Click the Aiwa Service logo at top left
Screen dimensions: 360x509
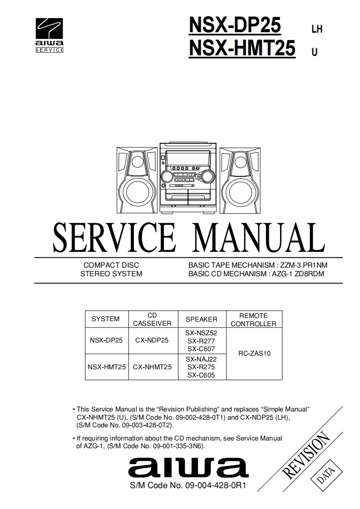coord(49,35)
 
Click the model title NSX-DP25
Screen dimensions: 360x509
coord(235,25)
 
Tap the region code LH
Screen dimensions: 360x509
coord(316,29)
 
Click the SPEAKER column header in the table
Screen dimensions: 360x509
coord(201,319)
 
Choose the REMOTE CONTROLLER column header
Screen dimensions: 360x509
coord(253,319)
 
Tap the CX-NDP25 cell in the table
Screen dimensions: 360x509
coord(152,340)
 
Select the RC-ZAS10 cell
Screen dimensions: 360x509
coord(254,353)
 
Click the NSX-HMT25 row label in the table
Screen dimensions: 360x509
coord(107,367)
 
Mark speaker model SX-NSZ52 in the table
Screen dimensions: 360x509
coord(201,333)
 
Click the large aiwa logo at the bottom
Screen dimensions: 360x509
coord(184,468)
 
